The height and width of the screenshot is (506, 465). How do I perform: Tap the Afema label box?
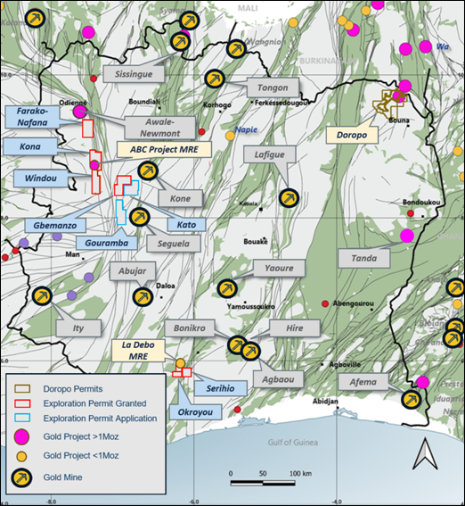point(363,384)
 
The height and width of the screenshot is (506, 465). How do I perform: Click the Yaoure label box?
point(273,267)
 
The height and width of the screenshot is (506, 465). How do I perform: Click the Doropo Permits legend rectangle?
point(25,389)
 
